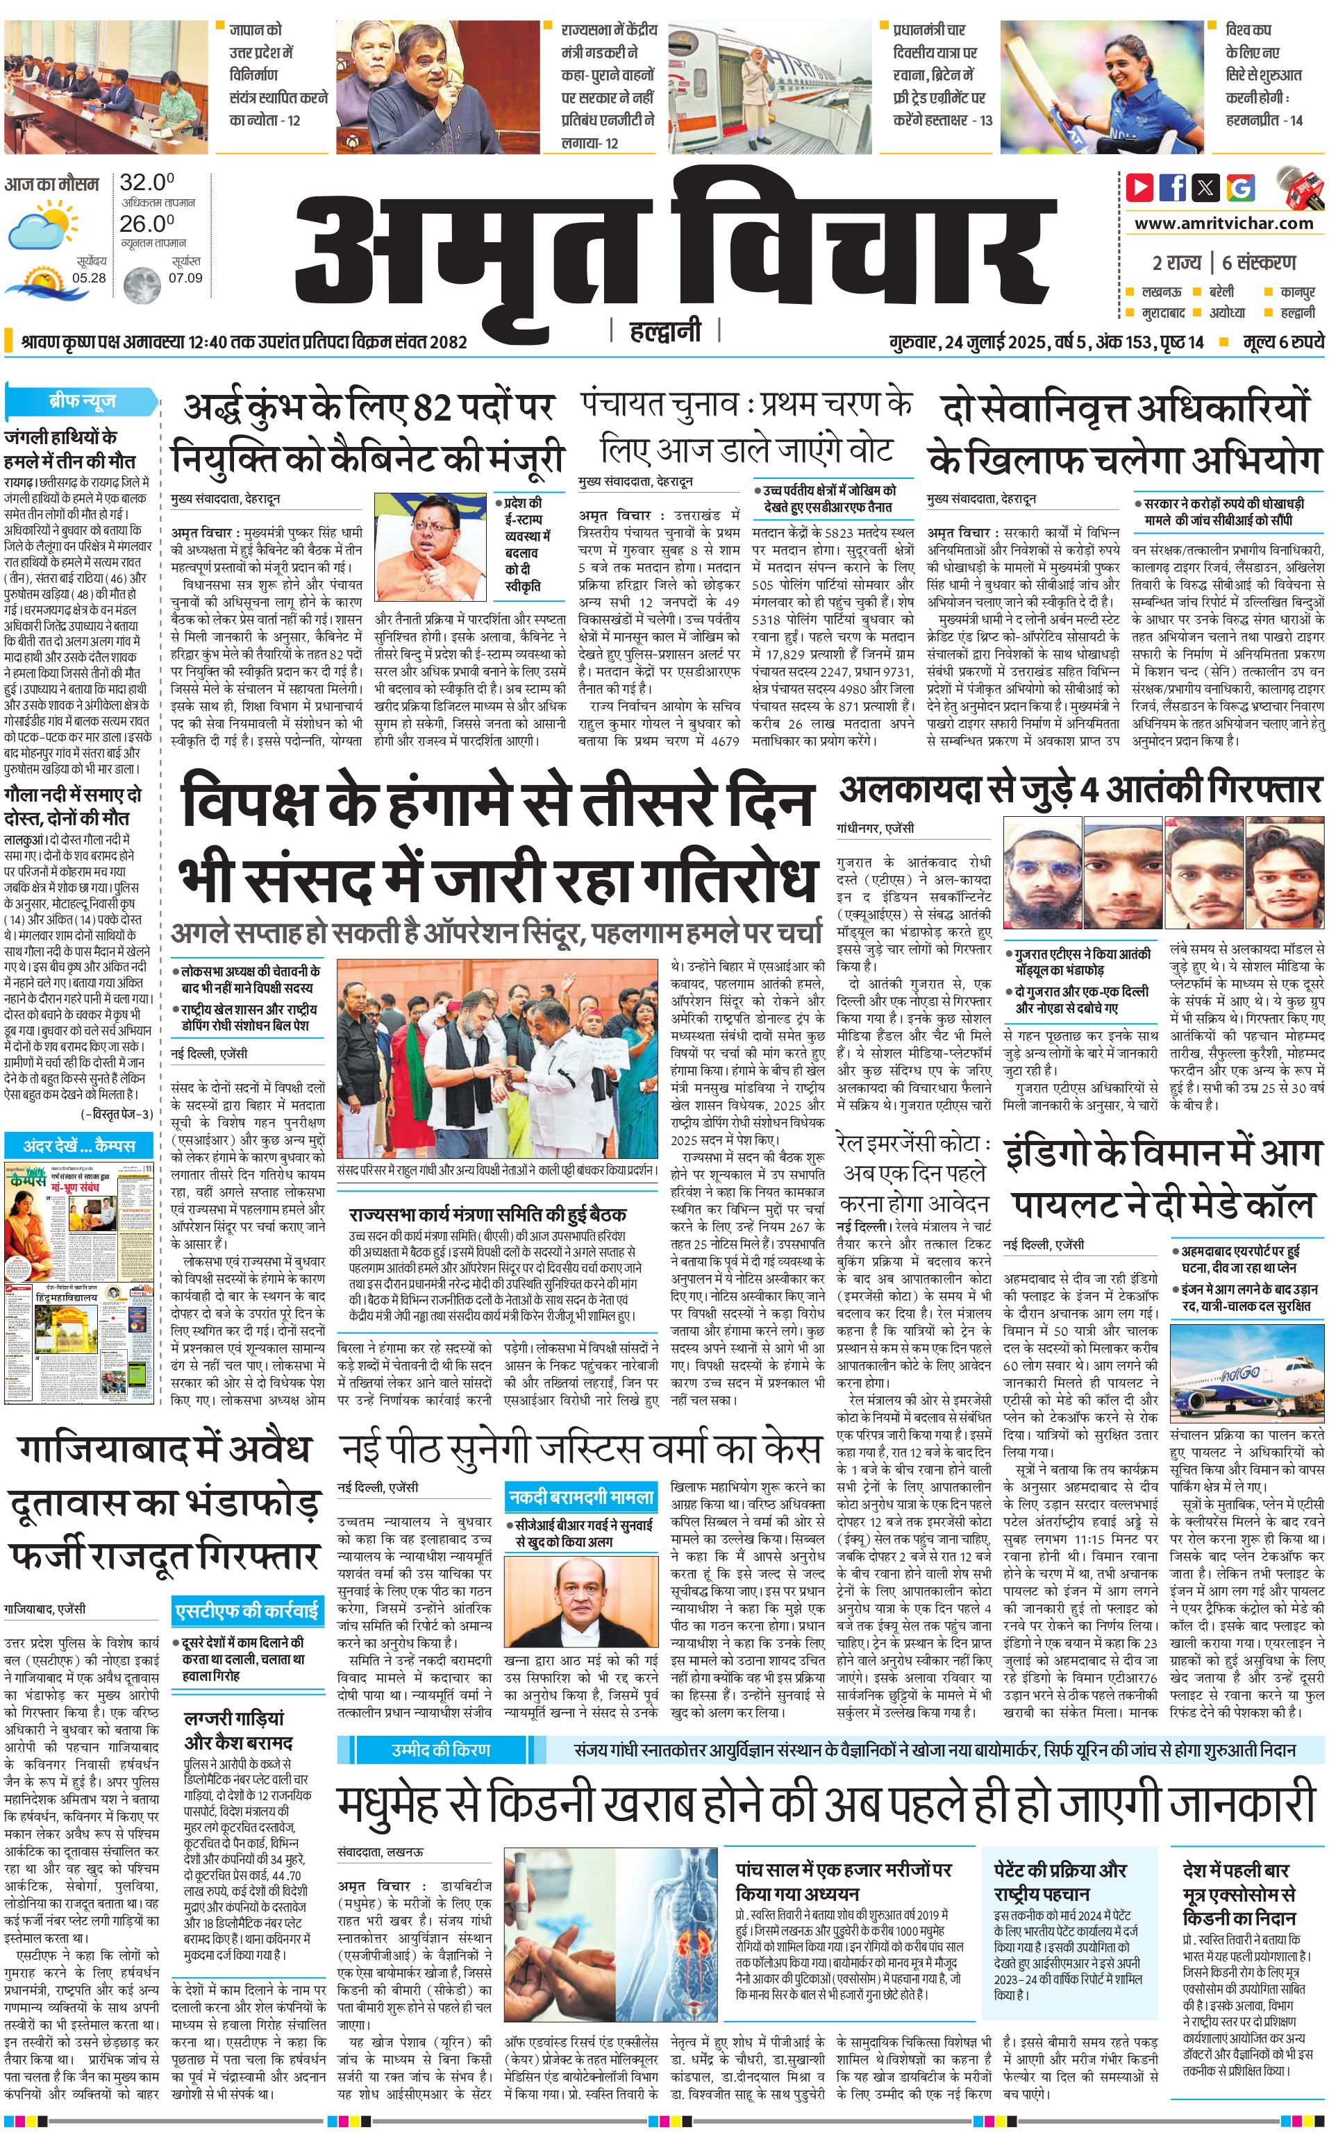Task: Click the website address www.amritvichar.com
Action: [x=1223, y=223]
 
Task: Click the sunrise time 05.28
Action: [x=89, y=278]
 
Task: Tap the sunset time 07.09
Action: [x=185, y=278]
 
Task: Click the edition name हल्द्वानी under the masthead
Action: [x=665, y=331]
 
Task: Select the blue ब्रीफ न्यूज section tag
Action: [x=82, y=401]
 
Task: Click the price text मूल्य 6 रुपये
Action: [x=1282, y=341]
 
